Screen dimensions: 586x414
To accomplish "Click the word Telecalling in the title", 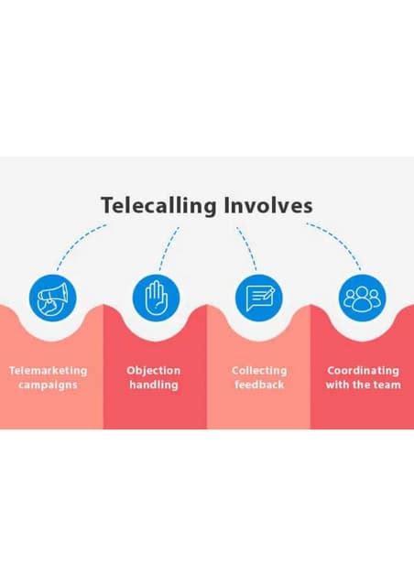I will click(x=159, y=205).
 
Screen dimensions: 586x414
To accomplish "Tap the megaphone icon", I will click(x=52, y=297).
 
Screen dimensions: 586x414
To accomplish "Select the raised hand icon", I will click(x=156, y=297).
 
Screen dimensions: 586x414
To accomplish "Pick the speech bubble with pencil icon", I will click(x=259, y=297).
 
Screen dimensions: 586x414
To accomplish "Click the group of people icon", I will click(x=363, y=297).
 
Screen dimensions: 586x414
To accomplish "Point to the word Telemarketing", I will click(x=48, y=371).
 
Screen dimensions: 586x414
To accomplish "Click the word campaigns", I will click(x=48, y=385).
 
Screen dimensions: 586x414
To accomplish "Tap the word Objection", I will click(x=154, y=371).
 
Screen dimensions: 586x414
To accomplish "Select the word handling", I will click(x=154, y=385).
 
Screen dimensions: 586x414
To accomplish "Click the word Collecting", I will click(x=259, y=371).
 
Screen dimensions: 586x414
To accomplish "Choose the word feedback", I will click(x=259, y=385).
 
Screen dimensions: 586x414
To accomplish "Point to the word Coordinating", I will click(x=363, y=371).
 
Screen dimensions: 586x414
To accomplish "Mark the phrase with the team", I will click(x=363, y=385).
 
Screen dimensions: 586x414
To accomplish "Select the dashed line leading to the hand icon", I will click(x=169, y=245).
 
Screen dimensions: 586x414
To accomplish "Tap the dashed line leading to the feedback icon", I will click(x=245, y=245).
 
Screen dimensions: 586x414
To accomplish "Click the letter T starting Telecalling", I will click(x=106, y=205).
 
